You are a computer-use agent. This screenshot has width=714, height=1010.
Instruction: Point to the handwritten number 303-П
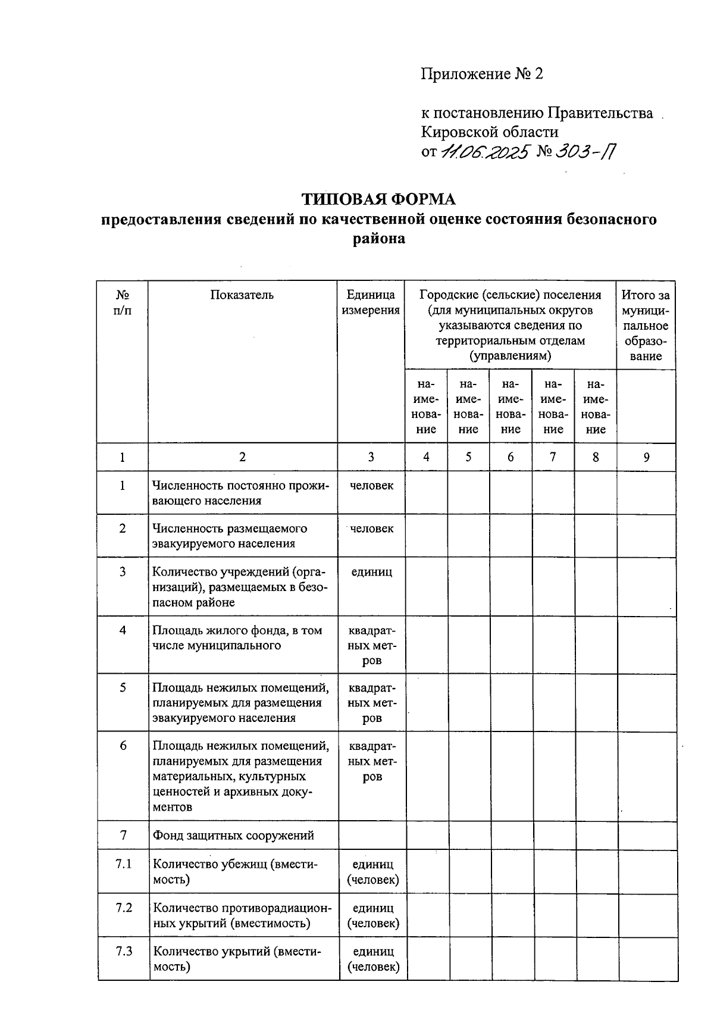click(585, 152)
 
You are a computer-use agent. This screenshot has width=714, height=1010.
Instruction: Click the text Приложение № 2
click(482, 74)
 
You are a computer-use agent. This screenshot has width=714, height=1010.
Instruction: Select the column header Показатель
click(242, 295)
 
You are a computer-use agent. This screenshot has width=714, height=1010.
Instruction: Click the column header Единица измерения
click(371, 302)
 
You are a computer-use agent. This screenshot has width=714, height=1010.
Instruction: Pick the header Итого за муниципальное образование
click(646, 326)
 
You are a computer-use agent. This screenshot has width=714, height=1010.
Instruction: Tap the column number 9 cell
click(646, 457)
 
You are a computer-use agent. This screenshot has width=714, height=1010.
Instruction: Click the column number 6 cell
click(511, 457)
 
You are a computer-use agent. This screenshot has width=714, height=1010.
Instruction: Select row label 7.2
click(124, 908)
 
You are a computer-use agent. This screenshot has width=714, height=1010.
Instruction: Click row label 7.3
click(124, 951)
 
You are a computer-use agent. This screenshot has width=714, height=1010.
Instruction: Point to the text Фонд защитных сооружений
click(233, 835)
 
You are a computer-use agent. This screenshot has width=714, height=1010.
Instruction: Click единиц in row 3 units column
click(371, 572)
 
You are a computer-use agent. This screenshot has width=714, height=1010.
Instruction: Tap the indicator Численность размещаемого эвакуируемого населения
click(230, 536)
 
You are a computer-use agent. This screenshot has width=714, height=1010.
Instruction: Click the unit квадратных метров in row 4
click(372, 645)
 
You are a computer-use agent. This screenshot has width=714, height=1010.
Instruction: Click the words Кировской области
click(490, 132)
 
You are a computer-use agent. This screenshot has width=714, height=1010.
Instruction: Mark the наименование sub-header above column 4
click(426, 407)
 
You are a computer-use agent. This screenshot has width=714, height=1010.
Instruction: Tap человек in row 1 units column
click(371, 486)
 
